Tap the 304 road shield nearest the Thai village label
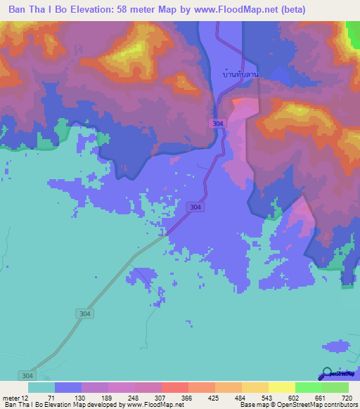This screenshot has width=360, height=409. [x=219, y=123]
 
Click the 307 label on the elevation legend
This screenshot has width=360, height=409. [x=161, y=397]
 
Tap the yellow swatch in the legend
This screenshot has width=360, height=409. [x=281, y=387]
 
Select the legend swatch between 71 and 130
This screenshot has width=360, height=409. [x=68, y=387]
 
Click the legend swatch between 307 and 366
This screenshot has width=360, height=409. [x=174, y=387]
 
